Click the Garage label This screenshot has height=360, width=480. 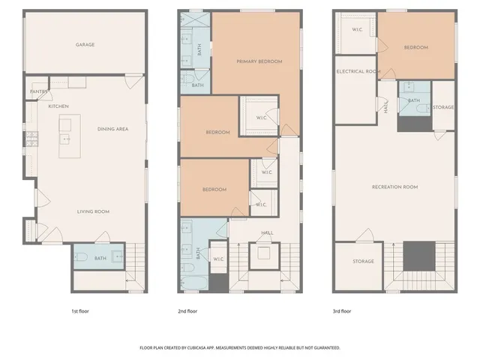point(85,45)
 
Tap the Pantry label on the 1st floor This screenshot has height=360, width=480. point(39,92)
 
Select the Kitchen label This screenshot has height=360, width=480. point(58,106)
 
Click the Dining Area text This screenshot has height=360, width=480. point(113,129)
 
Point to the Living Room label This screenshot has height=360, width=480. point(94,211)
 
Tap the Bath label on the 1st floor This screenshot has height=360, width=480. point(101,257)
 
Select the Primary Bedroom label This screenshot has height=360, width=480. point(259,61)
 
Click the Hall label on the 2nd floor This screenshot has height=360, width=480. point(268,232)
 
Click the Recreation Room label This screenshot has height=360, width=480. point(394,187)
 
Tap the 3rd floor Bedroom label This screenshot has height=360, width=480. point(415,47)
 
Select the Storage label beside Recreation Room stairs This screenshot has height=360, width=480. point(363,262)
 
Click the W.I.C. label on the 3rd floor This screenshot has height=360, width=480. point(358,29)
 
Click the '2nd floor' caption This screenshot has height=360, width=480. point(187,310)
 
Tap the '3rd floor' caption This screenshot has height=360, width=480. point(343,310)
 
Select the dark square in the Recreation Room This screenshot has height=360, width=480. point(418,256)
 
